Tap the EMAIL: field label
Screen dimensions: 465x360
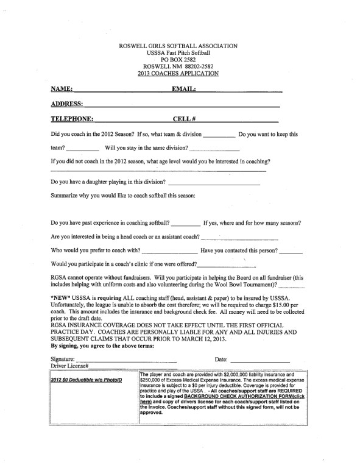(184, 89)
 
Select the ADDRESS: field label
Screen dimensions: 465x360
(67, 104)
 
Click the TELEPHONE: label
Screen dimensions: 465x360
(72, 119)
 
